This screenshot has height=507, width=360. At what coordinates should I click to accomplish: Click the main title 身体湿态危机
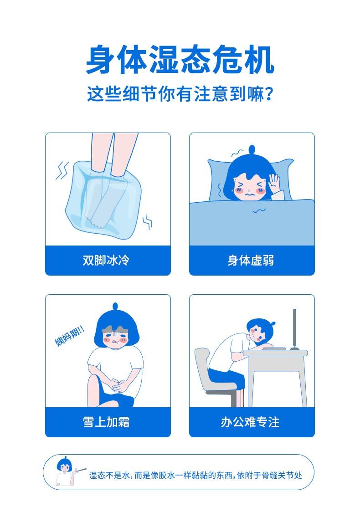click(x=180, y=60)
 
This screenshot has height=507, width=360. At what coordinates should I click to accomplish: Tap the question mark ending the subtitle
click(x=269, y=94)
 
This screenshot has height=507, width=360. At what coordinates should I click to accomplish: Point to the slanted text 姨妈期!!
click(x=69, y=336)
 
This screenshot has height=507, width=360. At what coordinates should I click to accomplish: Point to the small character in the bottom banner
click(x=65, y=471)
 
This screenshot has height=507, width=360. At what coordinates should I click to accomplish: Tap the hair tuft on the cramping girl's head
click(x=115, y=306)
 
